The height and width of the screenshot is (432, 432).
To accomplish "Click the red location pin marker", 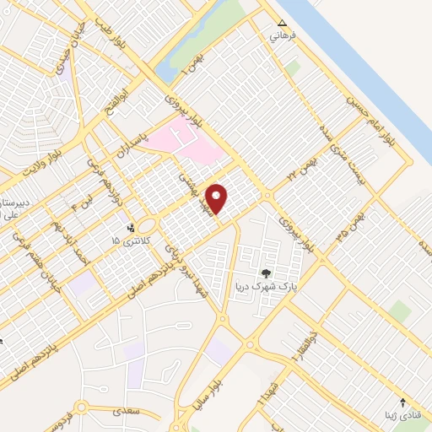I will pyautogui.click(x=217, y=198).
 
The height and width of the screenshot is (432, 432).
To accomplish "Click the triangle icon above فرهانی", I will pyautogui.click(x=283, y=24).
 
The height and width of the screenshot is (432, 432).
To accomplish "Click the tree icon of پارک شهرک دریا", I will pyautogui.click(x=267, y=273).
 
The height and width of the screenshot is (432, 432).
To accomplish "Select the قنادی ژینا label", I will pyautogui.click(x=403, y=416).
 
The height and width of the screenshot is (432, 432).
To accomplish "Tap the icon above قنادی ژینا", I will pyautogui.click(x=403, y=402).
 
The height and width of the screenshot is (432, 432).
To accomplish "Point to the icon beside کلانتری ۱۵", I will pyautogui.click(x=130, y=227).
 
